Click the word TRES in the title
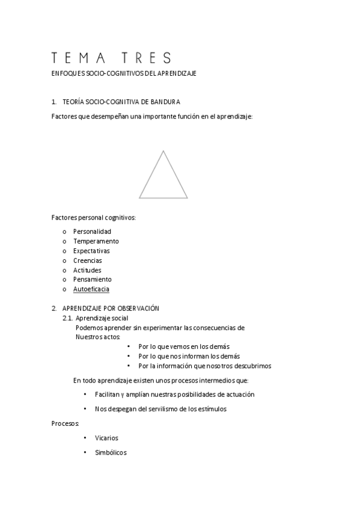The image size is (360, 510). pyautogui.click(x=145, y=58)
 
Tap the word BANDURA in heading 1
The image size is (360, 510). pyautogui.click(x=166, y=102)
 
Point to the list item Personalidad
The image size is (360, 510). pyautogui.click(x=92, y=232)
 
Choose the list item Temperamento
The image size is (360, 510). pyautogui.click(x=96, y=241)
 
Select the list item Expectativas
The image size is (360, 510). pyautogui.click(x=91, y=251)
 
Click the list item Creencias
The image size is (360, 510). pyautogui.click(x=88, y=260)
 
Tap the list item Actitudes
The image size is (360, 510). pyautogui.click(x=88, y=270)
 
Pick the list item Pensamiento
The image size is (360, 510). pyautogui.click(x=93, y=280)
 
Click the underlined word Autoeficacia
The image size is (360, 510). pyautogui.click(x=91, y=289)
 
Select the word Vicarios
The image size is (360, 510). pyautogui.click(x=107, y=438)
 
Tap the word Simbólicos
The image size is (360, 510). pyautogui.click(x=111, y=453)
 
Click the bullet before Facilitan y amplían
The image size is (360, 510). pyautogui.click(x=85, y=395)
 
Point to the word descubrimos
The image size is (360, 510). pyautogui.click(x=253, y=366)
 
